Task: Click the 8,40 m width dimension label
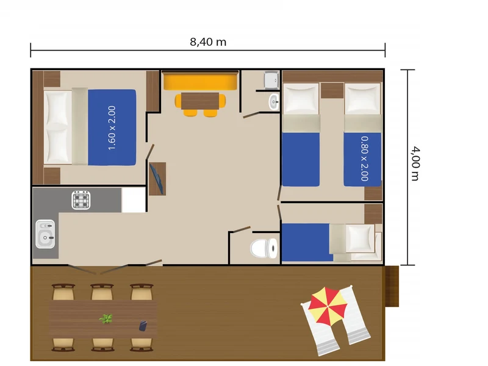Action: pyautogui.click(x=208, y=42)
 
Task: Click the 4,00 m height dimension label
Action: pyautogui.click(x=415, y=163)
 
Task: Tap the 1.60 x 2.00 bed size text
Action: pyautogui.click(x=112, y=128)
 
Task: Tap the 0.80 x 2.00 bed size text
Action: pyautogui.click(x=365, y=159)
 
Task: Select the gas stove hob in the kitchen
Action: pyautogui.click(x=81, y=200)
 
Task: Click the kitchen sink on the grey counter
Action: pyautogui.click(x=45, y=234)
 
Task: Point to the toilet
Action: pyautogui.click(x=264, y=248)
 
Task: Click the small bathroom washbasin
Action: pyautogui.click(x=274, y=101)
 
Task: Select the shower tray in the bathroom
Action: pyautogui.click(x=271, y=80)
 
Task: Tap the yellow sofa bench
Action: pyautogui.click(x=200, y=81)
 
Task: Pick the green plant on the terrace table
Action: pyautogui.click(x=106, y=318)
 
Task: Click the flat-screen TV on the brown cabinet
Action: pyautogui.click(x=157, y=179)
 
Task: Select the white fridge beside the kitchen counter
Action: pyautogui.click(x=134, y=200)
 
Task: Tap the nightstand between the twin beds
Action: pyautogui.click(x=332, y=90)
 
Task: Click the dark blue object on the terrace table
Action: pyautogui.click(x=143, y=326)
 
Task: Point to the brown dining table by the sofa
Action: pyautogui.click(x=200, y=101)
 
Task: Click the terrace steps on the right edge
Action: pyautogui.click(x=392, y=286)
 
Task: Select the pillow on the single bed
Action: pyautogui.click(x=360, y=239)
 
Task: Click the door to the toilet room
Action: pyautogui.click(x=242, y=230)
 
